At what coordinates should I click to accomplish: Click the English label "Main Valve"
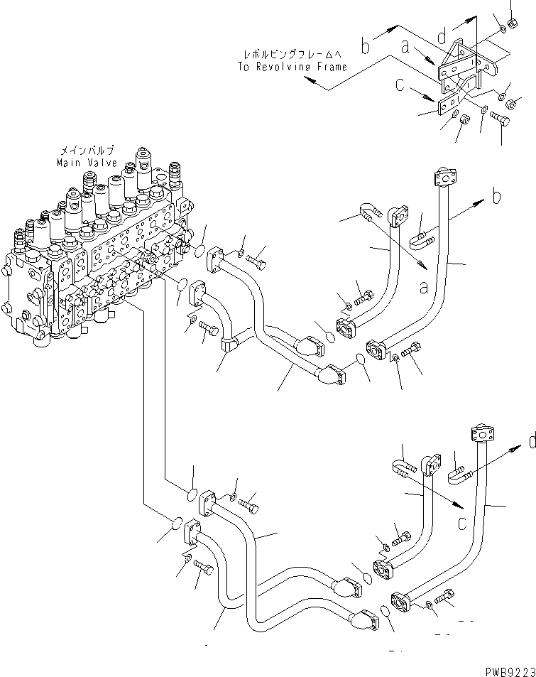click(87, 163)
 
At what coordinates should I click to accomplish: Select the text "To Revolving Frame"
click(292, 66)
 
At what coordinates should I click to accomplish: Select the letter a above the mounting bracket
click(405, 47)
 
